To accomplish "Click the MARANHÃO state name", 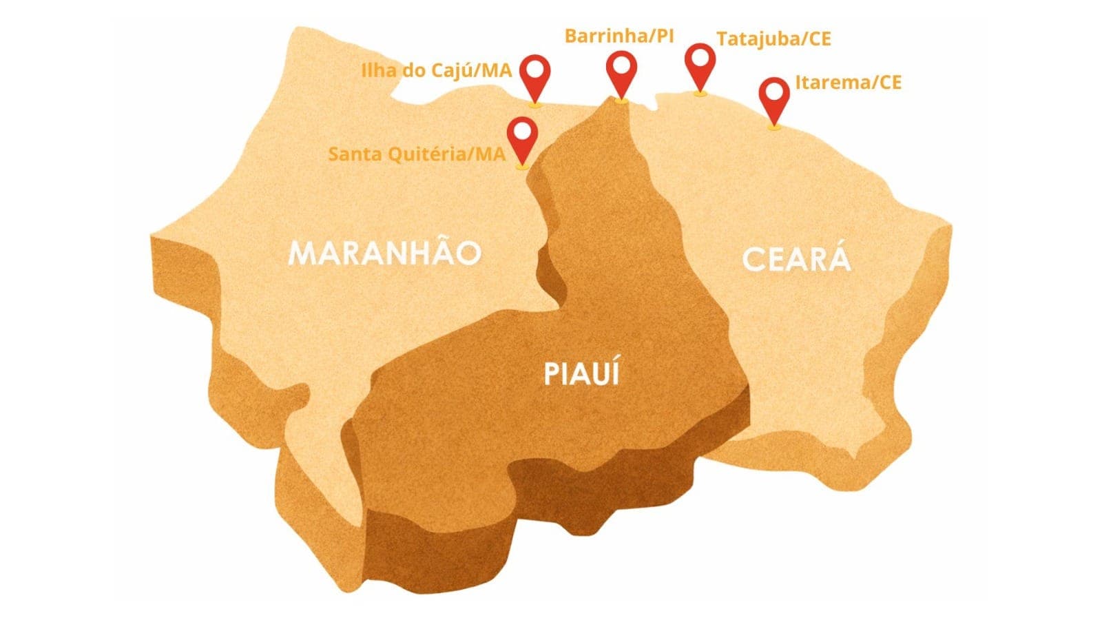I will tap(384, 253).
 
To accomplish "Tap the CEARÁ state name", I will tap(797, 260).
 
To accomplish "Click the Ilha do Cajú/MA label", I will tap(437, 70).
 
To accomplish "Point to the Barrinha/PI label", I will tap(619, 36).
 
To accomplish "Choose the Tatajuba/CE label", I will tap(773, 39).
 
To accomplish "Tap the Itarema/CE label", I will tap(848, 83).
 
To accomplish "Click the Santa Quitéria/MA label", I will tap(417, 154).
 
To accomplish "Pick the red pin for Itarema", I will tap(774, 99).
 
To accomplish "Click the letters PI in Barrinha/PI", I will tap(664, 36).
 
